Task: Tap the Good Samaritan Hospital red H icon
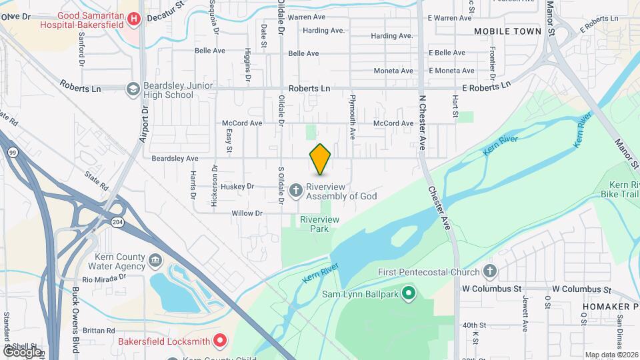[x=133, y=18]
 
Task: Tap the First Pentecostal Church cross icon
[x=490, y=271]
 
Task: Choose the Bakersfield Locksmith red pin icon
[x=221, y=341]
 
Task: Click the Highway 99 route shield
[x=13, y=153]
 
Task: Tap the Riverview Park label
[x=320, y=224]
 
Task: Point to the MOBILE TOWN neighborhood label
[x=507, y=31]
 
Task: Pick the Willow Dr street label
[x=247, y=213]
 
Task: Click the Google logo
[x=22, y=351]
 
